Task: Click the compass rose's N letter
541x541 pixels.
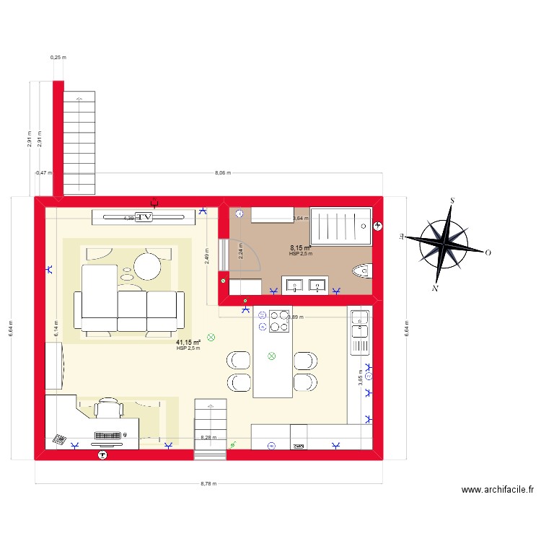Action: [x=435, y=289]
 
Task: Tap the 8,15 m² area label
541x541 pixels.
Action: [x=300, y=247]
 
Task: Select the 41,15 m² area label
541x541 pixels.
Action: [x=188, y=343]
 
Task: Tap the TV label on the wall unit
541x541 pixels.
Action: [x=144, y=216]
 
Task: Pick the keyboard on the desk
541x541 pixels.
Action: [x=110, y=436]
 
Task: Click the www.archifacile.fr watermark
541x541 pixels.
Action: [x=498, y=490]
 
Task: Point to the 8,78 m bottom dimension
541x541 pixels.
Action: [x=208, y=484]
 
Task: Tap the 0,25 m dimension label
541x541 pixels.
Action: [x=58, y=57]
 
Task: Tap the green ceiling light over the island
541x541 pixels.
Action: [x=272, y=355]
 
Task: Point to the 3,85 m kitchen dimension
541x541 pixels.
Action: [x=360, y=378]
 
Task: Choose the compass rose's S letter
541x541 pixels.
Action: [x=452, y=201]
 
